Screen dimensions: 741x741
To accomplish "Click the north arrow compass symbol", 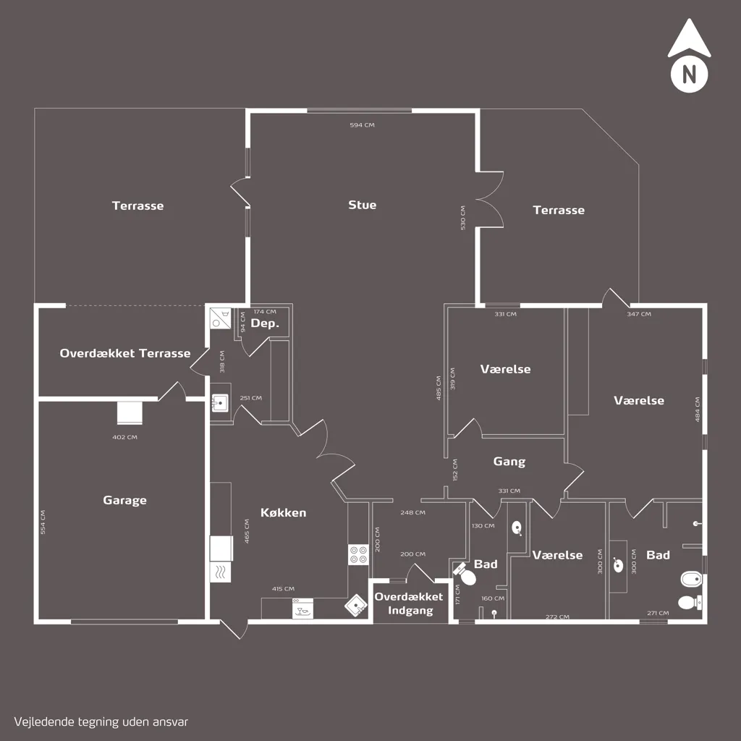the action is [689, 55].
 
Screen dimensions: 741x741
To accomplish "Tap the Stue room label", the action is [362, 205].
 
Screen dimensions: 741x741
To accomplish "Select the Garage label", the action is [124, 501].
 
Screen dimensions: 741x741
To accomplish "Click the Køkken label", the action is [283, 512].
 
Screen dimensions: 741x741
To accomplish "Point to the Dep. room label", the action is [265, 323].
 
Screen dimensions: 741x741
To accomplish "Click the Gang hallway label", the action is [509, 462].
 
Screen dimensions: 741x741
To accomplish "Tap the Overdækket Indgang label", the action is [410, 604].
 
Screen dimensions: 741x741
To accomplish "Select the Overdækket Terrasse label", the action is [124, 353].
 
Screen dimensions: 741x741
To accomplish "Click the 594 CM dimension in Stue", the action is [362, 124].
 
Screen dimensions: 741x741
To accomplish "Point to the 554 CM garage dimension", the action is [43, 522].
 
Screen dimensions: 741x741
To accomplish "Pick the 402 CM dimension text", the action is [124, 437].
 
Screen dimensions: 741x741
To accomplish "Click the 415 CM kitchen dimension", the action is [283, 589].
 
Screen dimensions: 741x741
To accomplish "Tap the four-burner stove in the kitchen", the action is [358, 554].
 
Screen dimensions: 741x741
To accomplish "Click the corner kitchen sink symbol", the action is [356, 606].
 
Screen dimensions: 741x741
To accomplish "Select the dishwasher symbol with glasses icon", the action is [302, 609].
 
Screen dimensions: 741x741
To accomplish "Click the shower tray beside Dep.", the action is [220, 318].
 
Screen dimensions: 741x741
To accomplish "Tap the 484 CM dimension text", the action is [698, 410].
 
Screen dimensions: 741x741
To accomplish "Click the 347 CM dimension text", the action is [639, 314].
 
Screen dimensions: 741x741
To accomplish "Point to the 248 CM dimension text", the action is [412, 512].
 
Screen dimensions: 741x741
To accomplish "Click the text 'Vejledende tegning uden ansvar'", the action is [101, 722].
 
